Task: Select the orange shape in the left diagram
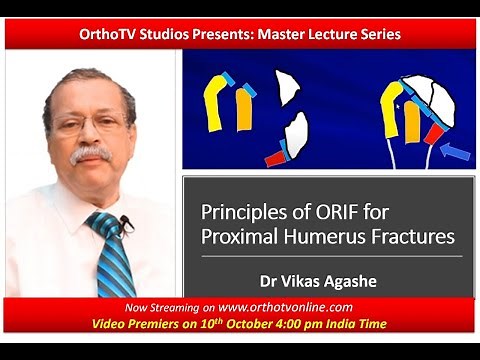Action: click(243, 111)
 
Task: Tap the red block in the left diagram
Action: click(275, 157)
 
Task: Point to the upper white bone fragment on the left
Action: click(288, 88)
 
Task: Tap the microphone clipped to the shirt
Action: click(126, 223)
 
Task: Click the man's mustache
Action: click(89, 155)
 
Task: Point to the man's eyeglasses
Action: click(90, 122)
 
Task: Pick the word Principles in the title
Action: click(244, 214)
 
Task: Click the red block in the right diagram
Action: click(432, 134)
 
